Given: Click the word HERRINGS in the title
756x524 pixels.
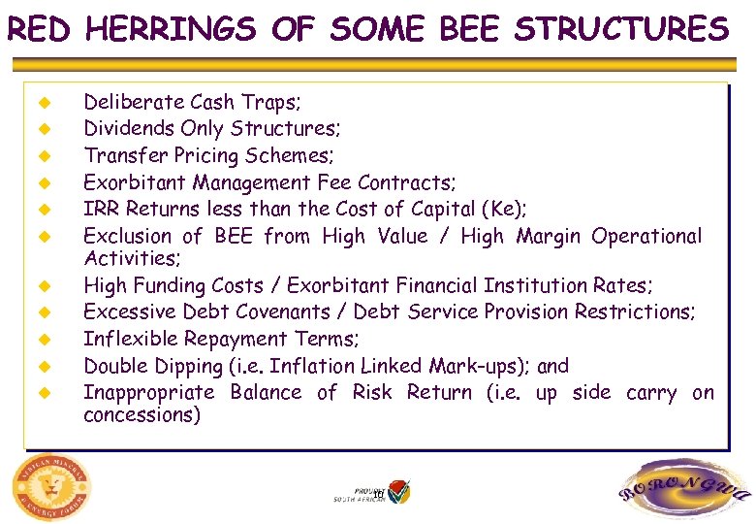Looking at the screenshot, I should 170,29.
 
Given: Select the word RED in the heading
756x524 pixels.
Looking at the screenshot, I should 38,29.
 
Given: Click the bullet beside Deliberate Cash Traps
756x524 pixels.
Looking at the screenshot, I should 43,102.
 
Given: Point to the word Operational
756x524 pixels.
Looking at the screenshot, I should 646,236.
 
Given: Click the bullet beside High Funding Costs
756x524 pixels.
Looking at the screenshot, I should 43,286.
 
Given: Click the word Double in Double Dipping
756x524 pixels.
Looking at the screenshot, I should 114,367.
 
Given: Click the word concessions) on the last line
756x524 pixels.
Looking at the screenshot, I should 142,415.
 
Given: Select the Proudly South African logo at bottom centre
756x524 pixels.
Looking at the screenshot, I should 372,492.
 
